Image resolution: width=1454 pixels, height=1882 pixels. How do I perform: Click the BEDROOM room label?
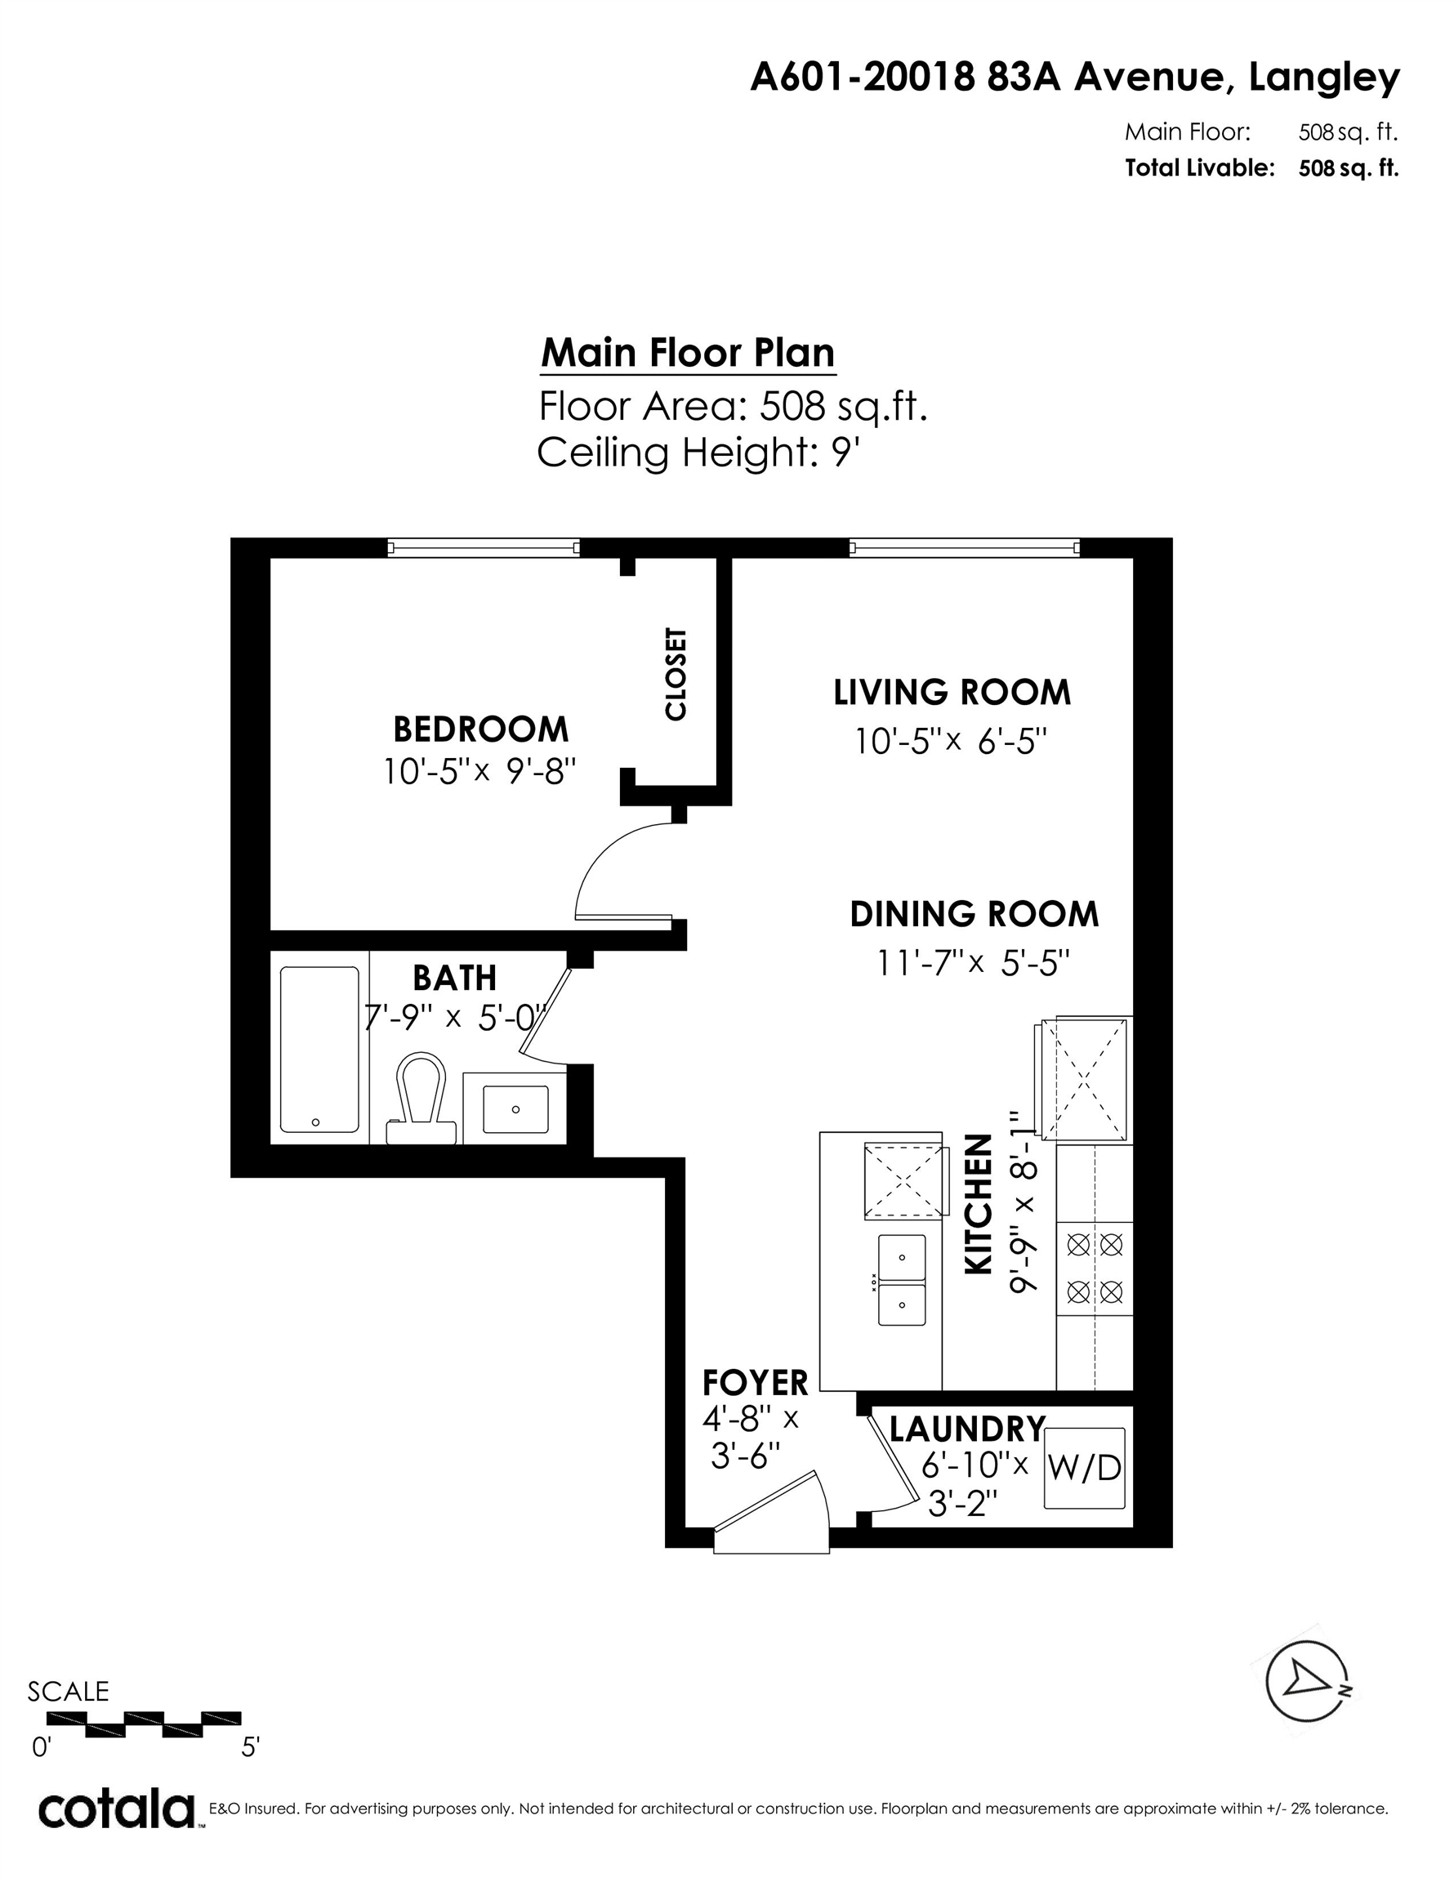481,730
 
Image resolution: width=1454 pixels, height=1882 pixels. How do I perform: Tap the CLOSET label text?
676,674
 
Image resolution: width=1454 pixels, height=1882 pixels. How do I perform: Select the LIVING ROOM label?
952,693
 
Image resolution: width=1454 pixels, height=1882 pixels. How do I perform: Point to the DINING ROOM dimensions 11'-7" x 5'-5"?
974,962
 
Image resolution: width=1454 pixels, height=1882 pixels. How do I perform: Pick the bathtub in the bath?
319,1050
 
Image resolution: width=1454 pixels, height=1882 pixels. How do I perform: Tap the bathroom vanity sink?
515,1109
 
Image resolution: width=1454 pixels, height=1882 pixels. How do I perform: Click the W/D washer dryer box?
1085,1468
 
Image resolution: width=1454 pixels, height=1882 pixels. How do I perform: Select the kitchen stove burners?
1095,1269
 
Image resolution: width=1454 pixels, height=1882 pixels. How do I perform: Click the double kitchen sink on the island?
902,1280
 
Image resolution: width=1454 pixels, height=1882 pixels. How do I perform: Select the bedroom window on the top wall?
484,547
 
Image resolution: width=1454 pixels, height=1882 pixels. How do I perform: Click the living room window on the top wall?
965,547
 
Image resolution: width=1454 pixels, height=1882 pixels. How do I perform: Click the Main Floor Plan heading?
688,354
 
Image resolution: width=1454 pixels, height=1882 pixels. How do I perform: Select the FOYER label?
755,1383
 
